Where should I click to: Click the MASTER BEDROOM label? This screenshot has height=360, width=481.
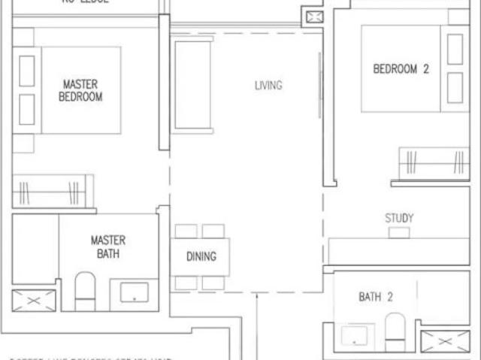(81, 90)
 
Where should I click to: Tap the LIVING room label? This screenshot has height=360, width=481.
(268, 85)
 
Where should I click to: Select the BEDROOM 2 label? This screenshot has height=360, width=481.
(401, 69)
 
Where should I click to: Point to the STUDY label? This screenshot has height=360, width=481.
(399, 218)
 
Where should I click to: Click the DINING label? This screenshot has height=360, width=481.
(201, 256)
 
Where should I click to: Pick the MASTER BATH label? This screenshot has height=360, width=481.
(107, 247)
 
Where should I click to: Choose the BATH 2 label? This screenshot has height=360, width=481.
(375, 297)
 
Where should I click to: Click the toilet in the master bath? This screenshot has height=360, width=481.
(85, 290)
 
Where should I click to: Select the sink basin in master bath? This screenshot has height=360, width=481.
(134, 295)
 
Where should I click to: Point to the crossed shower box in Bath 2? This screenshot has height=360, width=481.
(445, 340)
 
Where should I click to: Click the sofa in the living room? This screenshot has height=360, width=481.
(192, 84)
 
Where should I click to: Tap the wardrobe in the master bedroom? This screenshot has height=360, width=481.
(53, 191)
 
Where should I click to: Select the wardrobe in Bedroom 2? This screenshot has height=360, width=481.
(433, 164)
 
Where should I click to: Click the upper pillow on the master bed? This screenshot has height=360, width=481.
(27, 71)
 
